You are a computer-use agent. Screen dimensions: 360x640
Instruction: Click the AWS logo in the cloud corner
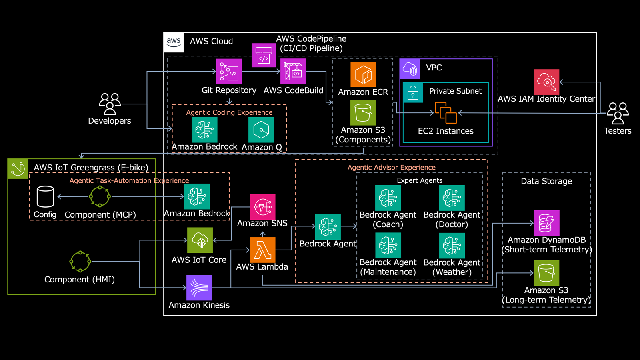pyautogui.click(x=174, y=42)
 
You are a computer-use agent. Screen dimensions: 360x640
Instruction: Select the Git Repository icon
pyautogui.click(x=229, y=72)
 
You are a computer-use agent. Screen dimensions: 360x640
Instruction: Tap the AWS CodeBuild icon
pyautogui.click(x=293, y=72)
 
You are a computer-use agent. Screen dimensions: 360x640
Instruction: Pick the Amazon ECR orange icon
pyautogui.click(x=363, y=74)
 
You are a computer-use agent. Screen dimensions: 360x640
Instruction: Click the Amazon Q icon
pyautogui.click(x=261, y=130)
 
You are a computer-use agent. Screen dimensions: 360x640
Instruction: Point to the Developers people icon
pyautogui.click(x=110, y=104)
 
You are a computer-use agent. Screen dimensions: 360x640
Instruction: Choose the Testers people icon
pyautogui.click(x=618, y=113)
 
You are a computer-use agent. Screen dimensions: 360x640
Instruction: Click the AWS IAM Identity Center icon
pyautogui.click(x=546, y=82)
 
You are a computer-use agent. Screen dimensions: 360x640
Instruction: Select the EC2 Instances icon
pyautogui.click(x=446, y=113)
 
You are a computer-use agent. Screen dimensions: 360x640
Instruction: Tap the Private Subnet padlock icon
pyautogui.click(x=413, y=93)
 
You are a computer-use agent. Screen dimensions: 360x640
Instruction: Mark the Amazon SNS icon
pyautogui.click(x=262, y=207)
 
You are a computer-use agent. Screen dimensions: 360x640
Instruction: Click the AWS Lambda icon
pyautogui.click(x=262, y=250)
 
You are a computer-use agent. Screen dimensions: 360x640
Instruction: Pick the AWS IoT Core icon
pyautogui.click(x=200, y=240)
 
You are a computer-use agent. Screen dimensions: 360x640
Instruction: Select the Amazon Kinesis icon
pyautogui.click(x=199, y=288)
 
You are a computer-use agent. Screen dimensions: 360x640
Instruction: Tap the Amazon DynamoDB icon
pyautogui.click(x=546, y=223)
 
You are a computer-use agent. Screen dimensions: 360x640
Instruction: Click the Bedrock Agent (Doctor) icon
pyautogui.click(x=452, y=198)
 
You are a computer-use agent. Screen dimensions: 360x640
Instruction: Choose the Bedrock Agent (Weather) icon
pyautogui.click(x=452, y=246)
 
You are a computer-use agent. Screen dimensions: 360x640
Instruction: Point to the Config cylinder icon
pyautogui.click(x=45, y=196)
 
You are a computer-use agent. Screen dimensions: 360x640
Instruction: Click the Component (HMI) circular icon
pyautogui.click(x=80, y=262)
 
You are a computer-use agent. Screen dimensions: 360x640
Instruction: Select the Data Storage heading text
pyautogui.click(x=546, y=181)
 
